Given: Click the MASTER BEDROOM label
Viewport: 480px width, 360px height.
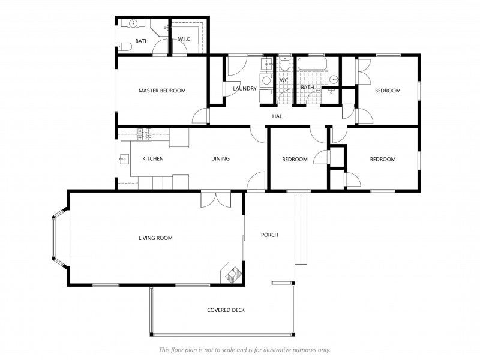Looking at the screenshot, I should point(162,91).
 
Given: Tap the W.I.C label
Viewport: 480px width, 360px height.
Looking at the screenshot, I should point(184,40).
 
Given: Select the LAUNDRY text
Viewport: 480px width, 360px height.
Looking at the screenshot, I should point(245,89).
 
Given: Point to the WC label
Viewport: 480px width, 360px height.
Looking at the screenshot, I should point(284,80).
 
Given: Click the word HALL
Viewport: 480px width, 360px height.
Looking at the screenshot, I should point(278,116).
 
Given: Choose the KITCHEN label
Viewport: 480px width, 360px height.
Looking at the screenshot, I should point(153,159).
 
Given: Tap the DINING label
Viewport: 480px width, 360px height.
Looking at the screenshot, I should point(220,159).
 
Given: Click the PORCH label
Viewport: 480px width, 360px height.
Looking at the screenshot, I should point(269,235).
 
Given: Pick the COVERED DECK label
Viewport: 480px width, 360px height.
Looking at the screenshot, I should point(226,310).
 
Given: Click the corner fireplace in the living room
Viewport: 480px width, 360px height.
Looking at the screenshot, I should point(232,272).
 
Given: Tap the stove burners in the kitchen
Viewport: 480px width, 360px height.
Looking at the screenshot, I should point(145,135).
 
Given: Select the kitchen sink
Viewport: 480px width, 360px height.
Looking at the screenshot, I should point(123,160).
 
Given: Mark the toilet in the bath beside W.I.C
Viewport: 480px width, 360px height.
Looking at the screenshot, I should point(125,46).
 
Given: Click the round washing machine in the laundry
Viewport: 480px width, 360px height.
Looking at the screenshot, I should point(266,80).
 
